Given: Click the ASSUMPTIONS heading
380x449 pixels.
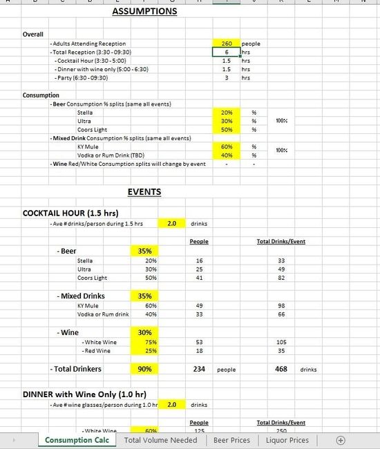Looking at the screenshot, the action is coord(144,11).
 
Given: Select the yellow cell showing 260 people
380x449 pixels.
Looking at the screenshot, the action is coord(226,43).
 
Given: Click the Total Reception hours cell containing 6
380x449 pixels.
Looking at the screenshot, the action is coord(226,52).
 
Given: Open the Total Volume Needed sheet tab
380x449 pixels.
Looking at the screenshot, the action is coord(160,440).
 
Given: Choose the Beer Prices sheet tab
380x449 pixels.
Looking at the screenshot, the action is coord(231,440).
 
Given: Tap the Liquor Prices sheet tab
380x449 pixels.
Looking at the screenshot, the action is coord(288,440).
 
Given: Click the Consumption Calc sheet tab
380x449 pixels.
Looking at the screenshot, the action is coord(77,440).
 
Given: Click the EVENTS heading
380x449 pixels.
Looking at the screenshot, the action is coord(144,192).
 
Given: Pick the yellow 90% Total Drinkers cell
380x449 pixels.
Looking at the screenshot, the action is coord(145,369).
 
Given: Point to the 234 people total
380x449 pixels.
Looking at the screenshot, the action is coord(199,369).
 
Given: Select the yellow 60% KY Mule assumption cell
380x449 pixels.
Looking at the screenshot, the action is coord(226,146).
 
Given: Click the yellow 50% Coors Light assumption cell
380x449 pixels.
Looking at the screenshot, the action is coord(226,129).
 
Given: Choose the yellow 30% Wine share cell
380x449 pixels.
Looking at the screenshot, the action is coord(145,332).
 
